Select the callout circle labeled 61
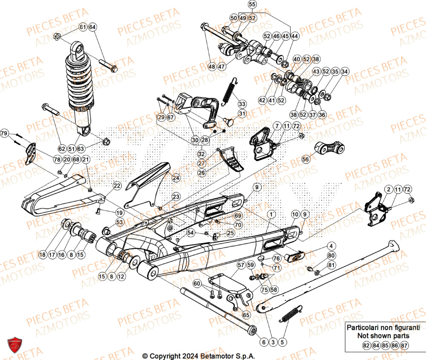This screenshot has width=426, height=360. (83, 28)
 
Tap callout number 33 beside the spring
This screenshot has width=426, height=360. (242, 104)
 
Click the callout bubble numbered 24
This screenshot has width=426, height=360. (176, 177)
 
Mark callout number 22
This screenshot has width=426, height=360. (116, 186)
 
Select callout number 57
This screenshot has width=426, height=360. (241, 266)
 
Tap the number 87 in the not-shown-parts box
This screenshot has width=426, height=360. (405, 346)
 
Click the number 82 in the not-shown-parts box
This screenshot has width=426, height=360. (366, 346)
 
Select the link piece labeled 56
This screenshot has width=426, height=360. (330, 148)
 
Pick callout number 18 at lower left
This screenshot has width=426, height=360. (42, 255)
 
